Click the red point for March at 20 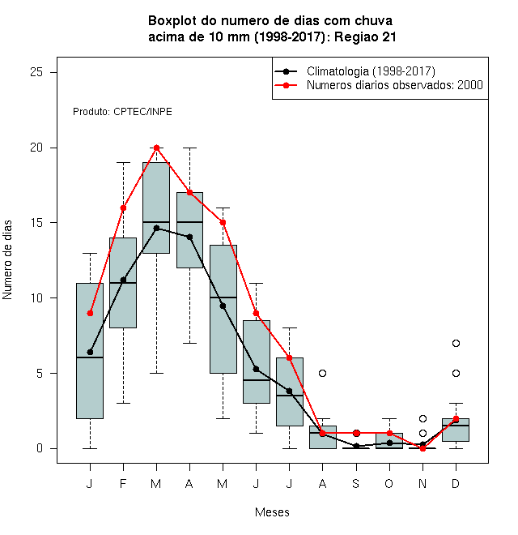156,148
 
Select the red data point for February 123,208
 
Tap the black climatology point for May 223,306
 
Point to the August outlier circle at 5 322,373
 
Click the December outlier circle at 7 456,343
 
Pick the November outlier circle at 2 422,418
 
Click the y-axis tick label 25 36,72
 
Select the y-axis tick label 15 36,223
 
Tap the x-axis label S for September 355,483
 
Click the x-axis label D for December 456,483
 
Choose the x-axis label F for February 123,483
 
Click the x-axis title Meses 272,512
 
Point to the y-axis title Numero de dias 7,260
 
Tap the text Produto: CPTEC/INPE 122,112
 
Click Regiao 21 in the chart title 365,36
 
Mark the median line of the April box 190,222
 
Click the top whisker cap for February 123,163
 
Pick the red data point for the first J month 90,313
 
